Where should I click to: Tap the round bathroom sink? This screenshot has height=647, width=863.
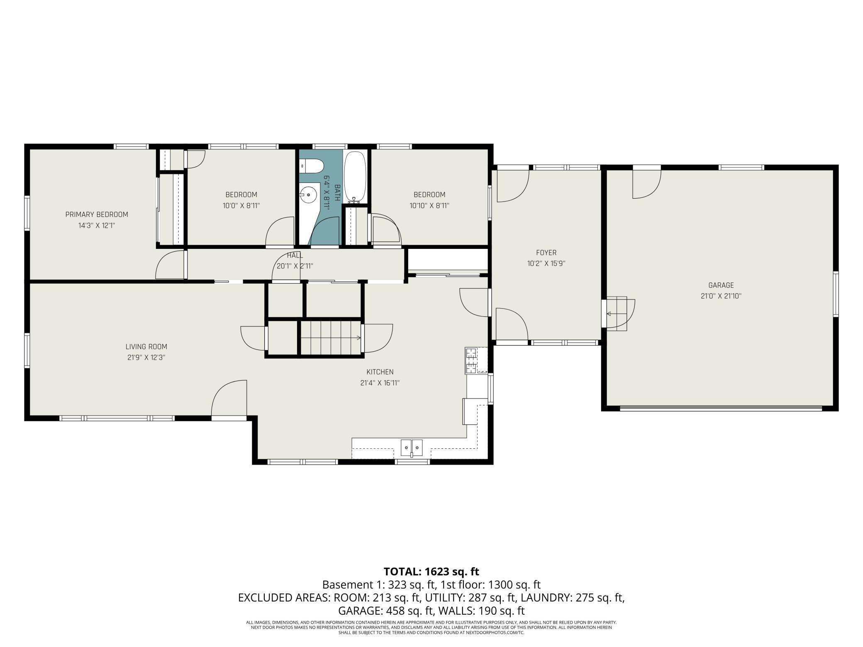(308, 195)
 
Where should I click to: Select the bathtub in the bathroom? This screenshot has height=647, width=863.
(355, 176)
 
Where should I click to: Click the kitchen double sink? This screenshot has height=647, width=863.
(411, 448)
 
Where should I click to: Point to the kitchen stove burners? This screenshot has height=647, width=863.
(471, 360)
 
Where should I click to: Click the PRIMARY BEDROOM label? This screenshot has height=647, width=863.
(97, 214)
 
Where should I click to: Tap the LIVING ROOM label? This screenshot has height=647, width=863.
(146, 347)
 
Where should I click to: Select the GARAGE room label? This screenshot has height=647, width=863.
(721, 285)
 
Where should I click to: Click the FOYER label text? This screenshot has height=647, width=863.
(546, 253)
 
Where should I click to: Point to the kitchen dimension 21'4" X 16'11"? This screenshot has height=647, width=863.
(380, 383)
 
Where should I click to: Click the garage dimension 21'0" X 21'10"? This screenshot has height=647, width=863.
(721, 296)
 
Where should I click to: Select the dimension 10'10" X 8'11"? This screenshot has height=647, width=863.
(429, 205)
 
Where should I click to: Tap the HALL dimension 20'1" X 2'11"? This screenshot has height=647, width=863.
(295, 266)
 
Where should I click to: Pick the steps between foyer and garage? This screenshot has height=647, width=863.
(617, 314)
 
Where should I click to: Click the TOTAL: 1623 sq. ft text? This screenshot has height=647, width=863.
(431, 572)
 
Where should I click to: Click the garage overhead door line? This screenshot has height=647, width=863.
(721, 409)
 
